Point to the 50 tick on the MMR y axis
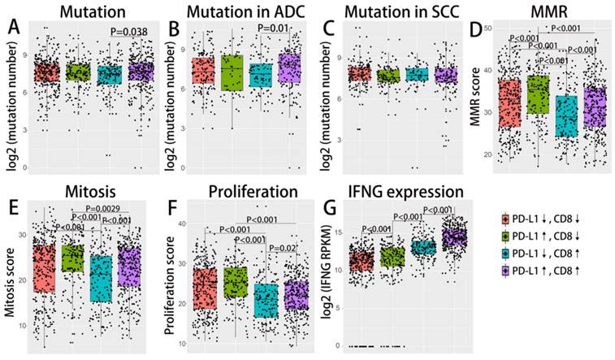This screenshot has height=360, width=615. tap(487, 29)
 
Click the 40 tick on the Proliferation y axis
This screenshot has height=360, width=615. tap(182, 223)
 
